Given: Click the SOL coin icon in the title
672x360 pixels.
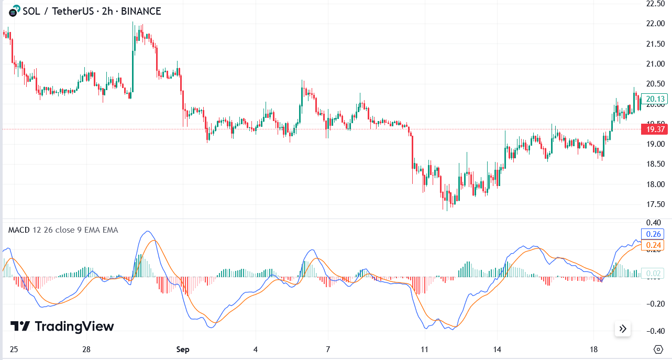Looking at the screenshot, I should (x=15, y=10).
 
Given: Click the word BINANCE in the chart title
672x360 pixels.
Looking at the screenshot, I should (x=141, y=11).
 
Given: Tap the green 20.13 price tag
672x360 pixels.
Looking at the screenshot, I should (x=655, y=99).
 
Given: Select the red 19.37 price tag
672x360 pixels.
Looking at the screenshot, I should (x=655, y=129).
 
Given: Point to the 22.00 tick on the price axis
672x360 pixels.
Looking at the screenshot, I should (x=656, y=24).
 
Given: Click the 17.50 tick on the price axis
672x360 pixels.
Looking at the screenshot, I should (x=656, y=204).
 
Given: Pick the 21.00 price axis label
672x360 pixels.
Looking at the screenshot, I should (x=656, y=64).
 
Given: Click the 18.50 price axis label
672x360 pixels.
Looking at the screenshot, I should (x=656, y=164).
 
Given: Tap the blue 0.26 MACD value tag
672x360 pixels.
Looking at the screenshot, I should (x=655, y=234).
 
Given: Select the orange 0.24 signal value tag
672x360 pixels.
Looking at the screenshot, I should (x=655, y=245).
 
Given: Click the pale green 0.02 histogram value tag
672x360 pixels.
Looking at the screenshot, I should (x=655, y=273).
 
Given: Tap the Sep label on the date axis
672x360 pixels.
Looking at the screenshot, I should (x=183, y=350).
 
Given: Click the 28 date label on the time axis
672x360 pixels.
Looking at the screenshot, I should (x=87, y=350).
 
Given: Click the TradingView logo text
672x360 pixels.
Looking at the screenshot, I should (x=74, y=326).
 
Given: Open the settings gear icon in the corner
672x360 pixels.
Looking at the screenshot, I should (x=658, y=350).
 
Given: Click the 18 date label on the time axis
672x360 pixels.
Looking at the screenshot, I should (x=593, y=350).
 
